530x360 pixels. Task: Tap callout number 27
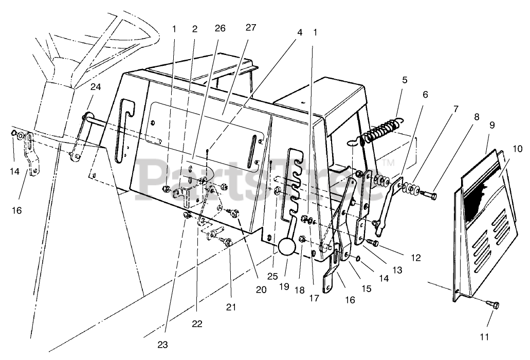tap(250, 28)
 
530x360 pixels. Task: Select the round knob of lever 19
tap(287, 248)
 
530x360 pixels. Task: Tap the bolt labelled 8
tap(429, 195)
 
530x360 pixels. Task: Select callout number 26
tap(220, 29)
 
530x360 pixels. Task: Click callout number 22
tap(197, 324)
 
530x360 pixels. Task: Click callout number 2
tap(194, 29)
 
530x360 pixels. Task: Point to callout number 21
tap(231, 307)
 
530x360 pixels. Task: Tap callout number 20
tap(261, 290)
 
